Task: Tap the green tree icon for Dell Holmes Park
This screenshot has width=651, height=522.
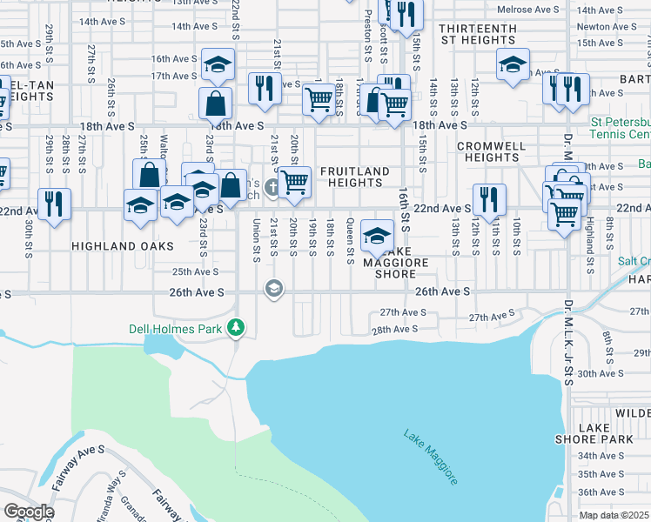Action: coord(235,328)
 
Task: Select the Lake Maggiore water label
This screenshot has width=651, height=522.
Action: coord(431,457)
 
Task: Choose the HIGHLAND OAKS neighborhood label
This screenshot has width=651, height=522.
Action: coord(116,246)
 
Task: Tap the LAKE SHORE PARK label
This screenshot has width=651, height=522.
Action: coord(594,433)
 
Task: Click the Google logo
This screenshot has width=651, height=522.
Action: coord(29,512)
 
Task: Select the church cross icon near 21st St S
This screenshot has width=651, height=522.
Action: coord(272,186)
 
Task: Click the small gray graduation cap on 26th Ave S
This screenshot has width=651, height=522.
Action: coord(274,290)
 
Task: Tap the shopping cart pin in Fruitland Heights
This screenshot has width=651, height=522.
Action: coord(295,182)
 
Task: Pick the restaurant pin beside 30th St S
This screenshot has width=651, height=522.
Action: coord(55,204)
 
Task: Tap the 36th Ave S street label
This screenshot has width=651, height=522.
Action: coord(601,492)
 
